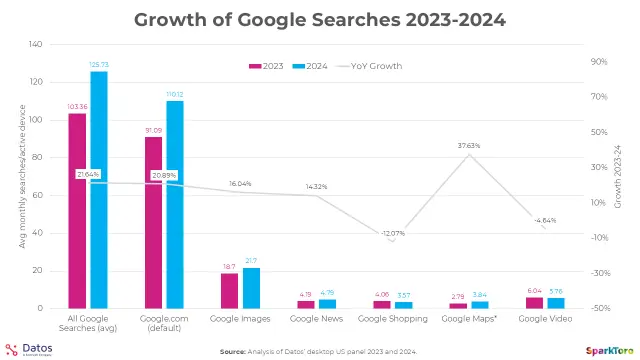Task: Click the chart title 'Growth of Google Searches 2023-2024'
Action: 319,19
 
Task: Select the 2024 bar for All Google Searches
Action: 99,190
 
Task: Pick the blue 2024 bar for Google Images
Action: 251,288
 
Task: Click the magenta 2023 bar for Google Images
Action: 229,290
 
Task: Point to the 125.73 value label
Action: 99,64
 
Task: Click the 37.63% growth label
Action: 469,146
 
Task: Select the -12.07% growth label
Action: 393,233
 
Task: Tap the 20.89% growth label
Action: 164,175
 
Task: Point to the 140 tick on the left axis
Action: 36,45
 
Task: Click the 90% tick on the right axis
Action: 600,62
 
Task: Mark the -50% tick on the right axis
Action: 600,308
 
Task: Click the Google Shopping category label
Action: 392,318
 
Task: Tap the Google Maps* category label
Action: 469,318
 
